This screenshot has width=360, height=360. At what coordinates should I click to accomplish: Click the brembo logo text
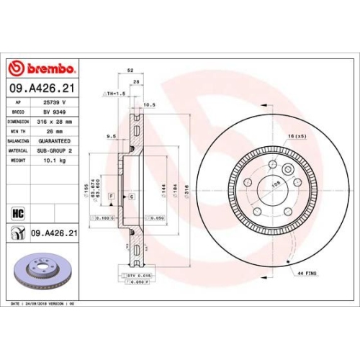(x=47, y=68)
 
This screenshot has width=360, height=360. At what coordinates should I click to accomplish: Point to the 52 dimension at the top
(x=130, y=71)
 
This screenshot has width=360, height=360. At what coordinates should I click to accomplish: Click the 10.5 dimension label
(x=150, y=104)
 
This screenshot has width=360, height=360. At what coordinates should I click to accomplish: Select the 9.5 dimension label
(x=111, y=135)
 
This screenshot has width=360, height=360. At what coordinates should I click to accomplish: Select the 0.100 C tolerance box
(x=106, y=217)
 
